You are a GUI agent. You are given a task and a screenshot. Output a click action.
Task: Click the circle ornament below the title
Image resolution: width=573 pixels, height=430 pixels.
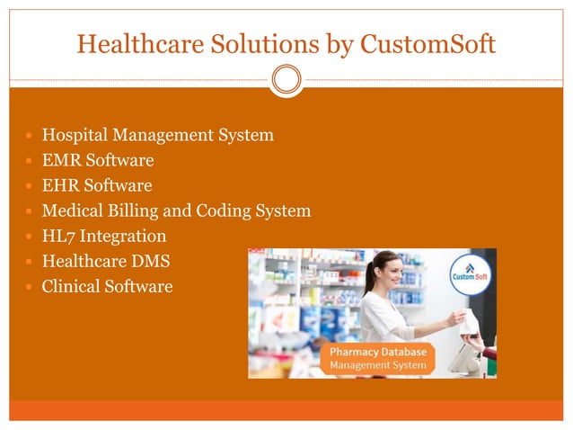tap(286, 80)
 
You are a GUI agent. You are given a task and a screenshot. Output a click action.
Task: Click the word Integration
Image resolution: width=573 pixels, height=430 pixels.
tap(122, 237)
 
